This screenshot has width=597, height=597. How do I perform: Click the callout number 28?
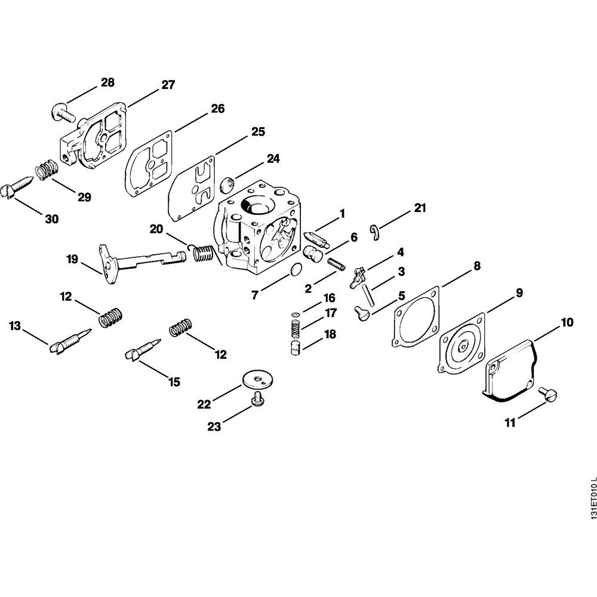(107, 82)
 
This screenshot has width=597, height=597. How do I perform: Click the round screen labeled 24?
(227, 183)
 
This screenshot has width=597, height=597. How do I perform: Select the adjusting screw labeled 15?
(143, 349)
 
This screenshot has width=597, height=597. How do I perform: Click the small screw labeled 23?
(258, 401)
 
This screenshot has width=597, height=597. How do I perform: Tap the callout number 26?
(217, 109)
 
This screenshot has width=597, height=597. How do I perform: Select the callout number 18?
(330, 334)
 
